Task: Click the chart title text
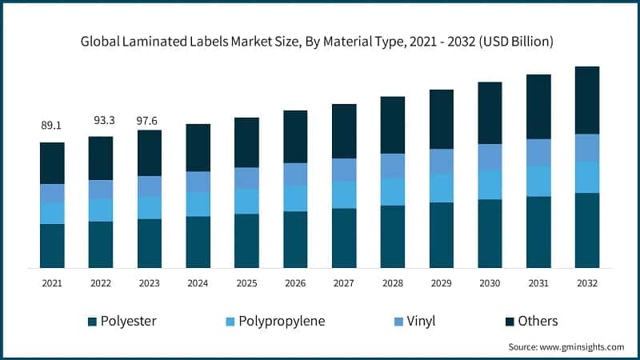[319, 41]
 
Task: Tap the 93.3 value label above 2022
[101, 120]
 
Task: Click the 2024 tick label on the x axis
[198, 282]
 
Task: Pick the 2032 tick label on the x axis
[587, 282]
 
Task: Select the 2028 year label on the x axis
[392, 282]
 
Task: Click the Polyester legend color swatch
[92, 322]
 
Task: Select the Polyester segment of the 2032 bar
[587, 230]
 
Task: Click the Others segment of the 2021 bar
[52, 163]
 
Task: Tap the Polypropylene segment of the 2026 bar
[295, 198]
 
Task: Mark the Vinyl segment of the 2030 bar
[490, 157]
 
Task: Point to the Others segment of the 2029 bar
[441, 119]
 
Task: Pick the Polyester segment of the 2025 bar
[246, 241]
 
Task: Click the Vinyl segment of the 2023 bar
[150, 186]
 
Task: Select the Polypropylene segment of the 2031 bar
[538, 182]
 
